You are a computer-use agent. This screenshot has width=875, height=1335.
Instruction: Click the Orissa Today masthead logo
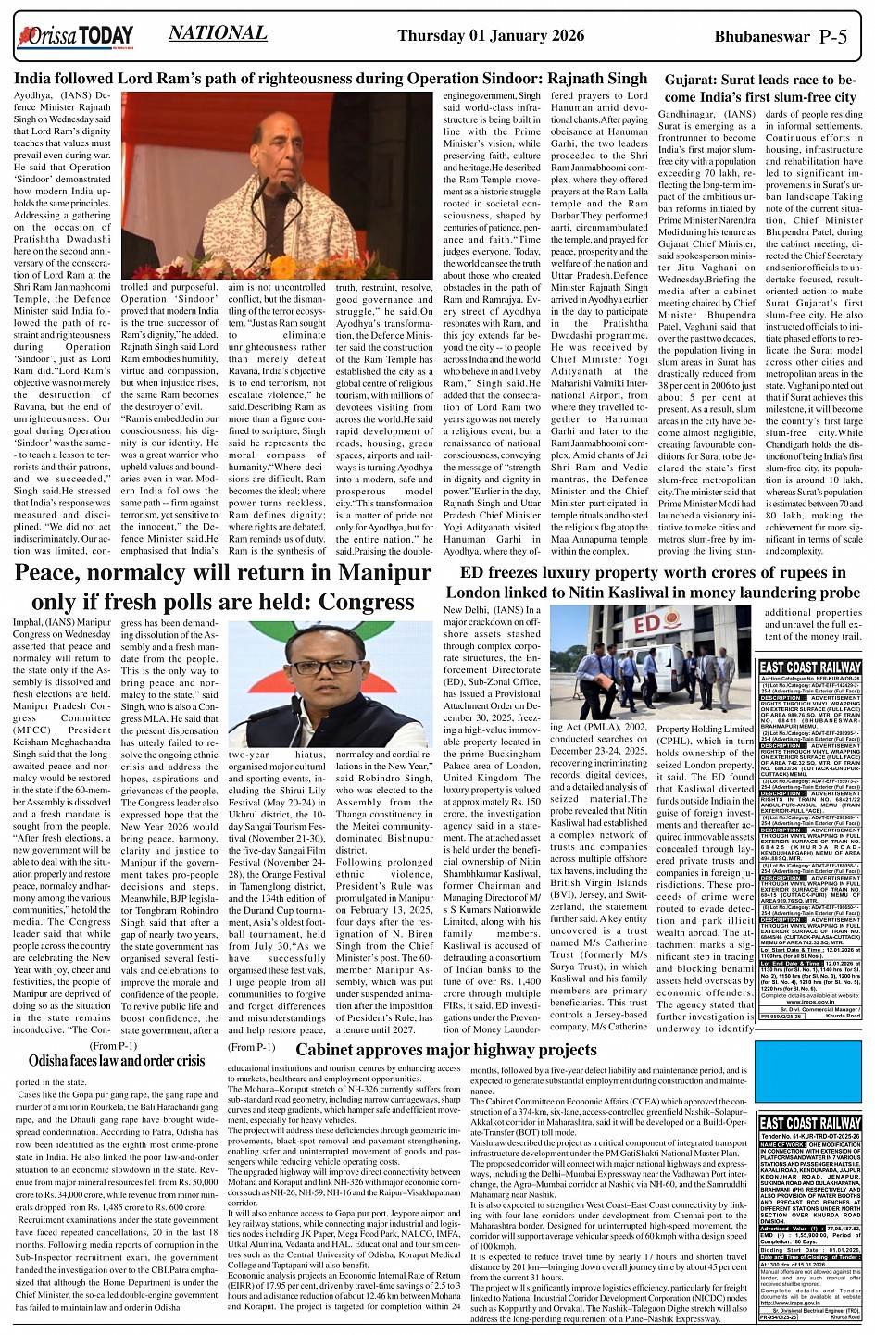74,37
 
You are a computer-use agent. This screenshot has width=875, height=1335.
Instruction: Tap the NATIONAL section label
218,34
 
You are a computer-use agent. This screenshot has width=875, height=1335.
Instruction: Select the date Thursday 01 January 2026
491,35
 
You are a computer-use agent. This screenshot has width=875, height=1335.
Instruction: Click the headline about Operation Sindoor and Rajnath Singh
331,79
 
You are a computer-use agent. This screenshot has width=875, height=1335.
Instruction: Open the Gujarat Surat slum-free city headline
760,88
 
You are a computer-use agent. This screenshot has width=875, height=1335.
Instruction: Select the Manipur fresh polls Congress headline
222,587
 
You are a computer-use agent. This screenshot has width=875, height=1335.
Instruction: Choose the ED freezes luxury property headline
653,582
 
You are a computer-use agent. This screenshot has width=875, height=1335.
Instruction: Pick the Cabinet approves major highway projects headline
445,1050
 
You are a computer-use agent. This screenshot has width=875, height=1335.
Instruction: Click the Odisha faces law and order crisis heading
117,1060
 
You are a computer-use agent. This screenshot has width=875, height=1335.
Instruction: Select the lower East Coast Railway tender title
809,1123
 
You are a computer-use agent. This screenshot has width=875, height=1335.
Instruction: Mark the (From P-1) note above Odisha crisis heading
114,1045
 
